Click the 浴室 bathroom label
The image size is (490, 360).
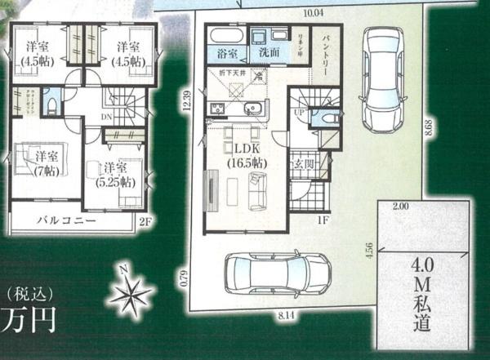[228, 53]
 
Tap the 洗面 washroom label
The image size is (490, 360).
[269, 53]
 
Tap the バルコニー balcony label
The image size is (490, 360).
[68, 221]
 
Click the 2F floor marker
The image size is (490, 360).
[145, 222]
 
